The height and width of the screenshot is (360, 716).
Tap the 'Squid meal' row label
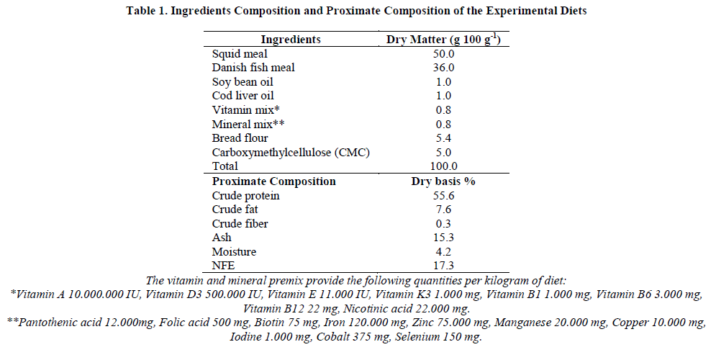pos(239,54)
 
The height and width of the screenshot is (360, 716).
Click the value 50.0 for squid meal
pos(444,54)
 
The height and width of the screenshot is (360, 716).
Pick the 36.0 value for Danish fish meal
pos(444,68)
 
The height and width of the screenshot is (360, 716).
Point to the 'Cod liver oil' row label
pos(243,96)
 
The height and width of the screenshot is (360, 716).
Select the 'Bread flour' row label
pos(241,138)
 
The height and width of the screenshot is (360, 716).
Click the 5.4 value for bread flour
pos(444,138)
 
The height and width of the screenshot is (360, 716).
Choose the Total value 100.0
pos(444,166)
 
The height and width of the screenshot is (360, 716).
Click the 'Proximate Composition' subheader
pos(273,181)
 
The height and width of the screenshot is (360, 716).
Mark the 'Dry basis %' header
pos(443,181)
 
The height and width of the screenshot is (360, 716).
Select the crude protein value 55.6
pos(444,196)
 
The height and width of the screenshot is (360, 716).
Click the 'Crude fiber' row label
pos(240,224)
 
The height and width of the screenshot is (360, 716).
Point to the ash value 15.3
pos(444,238)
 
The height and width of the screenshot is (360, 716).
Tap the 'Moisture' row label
pos(234,252)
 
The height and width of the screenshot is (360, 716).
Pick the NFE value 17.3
pos(444,266)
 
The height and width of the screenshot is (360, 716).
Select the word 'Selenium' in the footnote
pos(417,336)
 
